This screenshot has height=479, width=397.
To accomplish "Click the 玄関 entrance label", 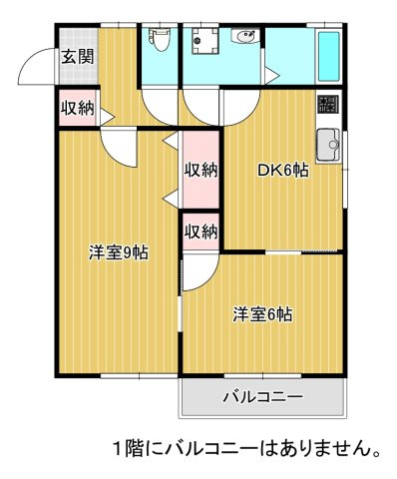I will (77, 57).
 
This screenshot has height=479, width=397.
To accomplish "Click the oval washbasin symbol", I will (244, 38).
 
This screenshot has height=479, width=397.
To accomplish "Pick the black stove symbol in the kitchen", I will (327, 104).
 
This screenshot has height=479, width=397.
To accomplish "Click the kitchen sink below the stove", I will (328, 145).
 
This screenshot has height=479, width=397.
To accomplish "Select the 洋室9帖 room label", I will (118, 251).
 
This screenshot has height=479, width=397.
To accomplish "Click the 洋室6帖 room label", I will (262, 314).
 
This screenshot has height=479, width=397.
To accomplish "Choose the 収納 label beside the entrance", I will (78, 108).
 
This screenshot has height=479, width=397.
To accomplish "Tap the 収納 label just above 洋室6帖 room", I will (200, 232).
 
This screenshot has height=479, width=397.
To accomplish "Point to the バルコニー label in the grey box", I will (261, 398).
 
